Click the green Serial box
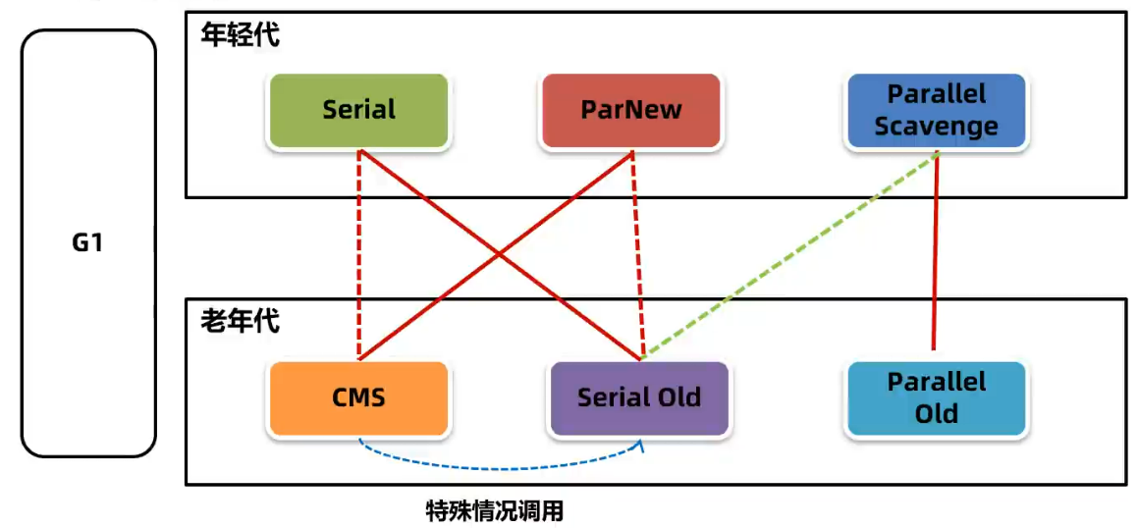point(358,110)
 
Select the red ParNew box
point(630,110)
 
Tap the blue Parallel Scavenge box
point(936,110)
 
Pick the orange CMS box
point(358,397)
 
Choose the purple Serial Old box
point(639,397)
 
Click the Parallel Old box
point(936,397)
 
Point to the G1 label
point(87,242)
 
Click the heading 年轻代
point(240,35)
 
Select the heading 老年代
point(240,321)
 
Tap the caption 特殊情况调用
point(495,510)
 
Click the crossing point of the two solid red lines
point(500,255)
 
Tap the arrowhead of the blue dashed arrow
point(642,446)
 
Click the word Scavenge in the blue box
point(936,126)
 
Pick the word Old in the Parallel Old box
point(936,413)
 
